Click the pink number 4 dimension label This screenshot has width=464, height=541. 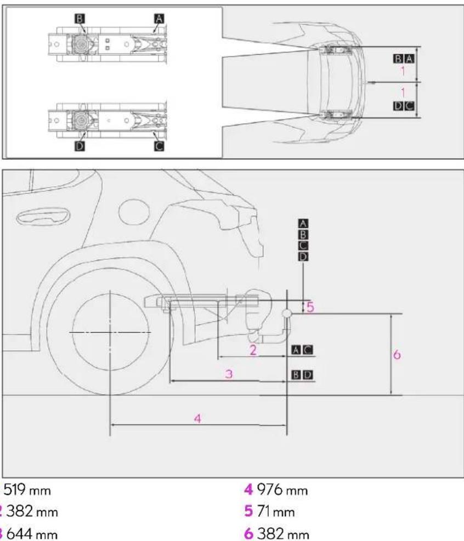click(197, 419)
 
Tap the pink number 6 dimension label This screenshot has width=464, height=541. click(397, 354)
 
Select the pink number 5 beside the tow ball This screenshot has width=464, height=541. click(310, 306)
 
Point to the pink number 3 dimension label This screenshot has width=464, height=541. click(229, 374)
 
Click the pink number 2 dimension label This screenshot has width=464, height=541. click(253, 350)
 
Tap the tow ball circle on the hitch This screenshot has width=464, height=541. click(287, 314)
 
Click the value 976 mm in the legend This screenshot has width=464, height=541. click(282, 490)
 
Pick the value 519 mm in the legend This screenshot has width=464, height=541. click(27, 490)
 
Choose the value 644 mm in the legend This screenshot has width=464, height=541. click(32, 534)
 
